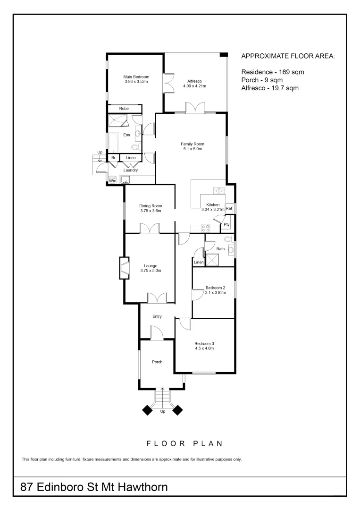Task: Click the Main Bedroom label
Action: (136, 77)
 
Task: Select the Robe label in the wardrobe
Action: (124, 109)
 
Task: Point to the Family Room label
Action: (192, 144)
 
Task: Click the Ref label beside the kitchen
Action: (229, 208)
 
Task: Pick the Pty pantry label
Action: (226, 225)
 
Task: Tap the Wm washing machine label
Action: (113, 180)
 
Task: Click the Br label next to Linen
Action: (113, 158)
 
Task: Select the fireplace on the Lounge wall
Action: (125, 268)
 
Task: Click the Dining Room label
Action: (151, 206)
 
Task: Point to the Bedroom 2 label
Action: (215, 288)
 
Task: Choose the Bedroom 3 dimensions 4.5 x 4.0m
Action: (204, 349)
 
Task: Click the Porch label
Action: (157, 362)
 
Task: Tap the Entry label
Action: (157, 316)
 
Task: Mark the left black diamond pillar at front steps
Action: (148, 410)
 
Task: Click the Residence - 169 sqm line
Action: (273, 72)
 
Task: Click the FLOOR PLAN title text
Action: (184, 444)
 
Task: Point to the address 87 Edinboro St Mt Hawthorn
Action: (94, 487)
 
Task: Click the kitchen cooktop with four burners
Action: (206, 228)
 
